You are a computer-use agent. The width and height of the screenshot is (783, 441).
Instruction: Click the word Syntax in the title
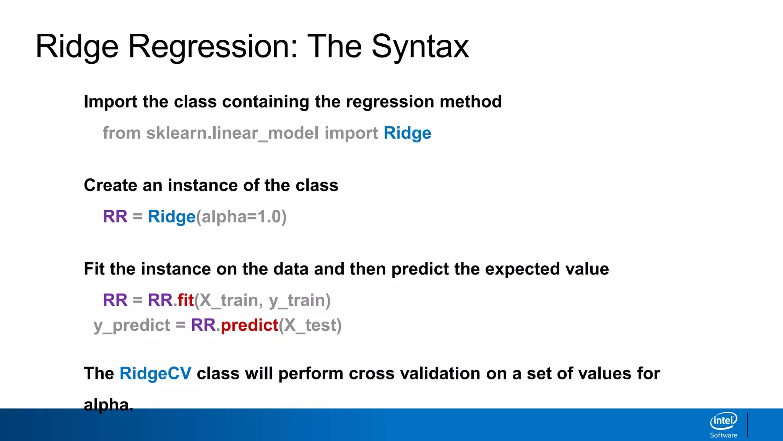coord(420,47)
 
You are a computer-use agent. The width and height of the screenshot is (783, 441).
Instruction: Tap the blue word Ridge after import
coord(407,133)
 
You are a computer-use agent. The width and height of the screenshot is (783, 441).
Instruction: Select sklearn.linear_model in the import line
coord(232,133)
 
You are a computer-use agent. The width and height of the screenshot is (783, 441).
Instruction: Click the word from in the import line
coord(122,133)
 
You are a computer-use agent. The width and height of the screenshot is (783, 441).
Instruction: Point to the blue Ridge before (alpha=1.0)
coord(171,217)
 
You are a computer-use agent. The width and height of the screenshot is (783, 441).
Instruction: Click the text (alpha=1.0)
coord(241,217)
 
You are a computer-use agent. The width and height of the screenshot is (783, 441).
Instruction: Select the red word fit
coord(185,300)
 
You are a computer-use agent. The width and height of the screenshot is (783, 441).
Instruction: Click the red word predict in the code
coord(249,325)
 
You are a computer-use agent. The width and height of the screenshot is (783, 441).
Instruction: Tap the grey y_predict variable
coord(132,325)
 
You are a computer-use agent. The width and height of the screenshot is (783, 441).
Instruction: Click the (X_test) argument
coord(310,325)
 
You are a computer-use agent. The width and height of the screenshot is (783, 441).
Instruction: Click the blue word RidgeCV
coord(155,373)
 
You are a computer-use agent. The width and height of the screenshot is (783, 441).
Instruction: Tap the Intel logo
coord(723,421)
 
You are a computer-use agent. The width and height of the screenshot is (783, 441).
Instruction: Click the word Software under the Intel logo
coord(723,435)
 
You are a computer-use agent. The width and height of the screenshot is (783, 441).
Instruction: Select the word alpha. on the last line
coord(108,405)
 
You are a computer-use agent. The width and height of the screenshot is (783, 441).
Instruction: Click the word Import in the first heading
coord(110,102)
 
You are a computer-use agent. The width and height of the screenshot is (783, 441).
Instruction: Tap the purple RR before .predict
coord(203,325)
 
